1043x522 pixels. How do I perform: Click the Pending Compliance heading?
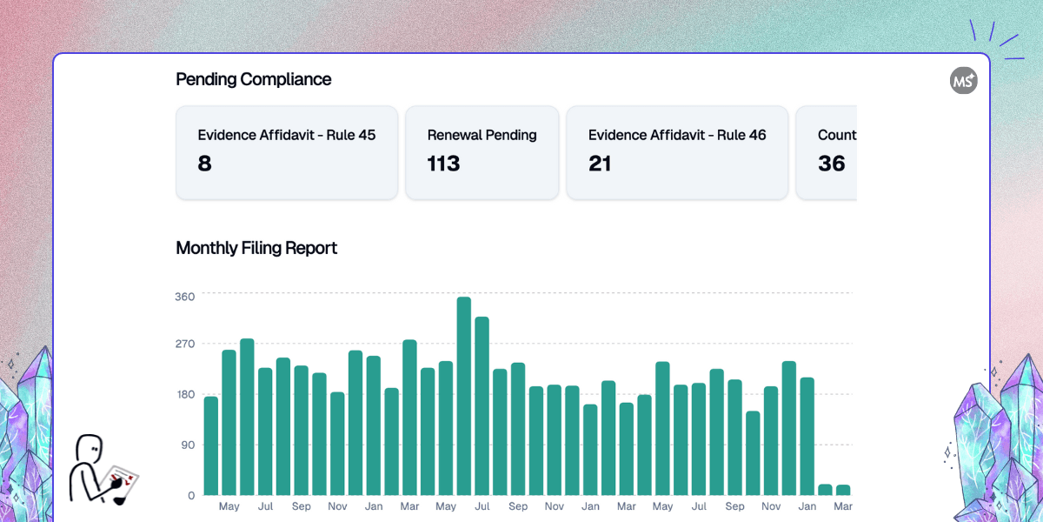253,79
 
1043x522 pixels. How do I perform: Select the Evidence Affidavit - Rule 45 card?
287,152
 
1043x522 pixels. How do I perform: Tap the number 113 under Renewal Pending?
443,164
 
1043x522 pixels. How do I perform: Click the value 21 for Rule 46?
600,164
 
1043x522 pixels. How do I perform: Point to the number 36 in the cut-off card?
832,164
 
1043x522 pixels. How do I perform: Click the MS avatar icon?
963,80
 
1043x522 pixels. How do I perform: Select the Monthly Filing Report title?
256,248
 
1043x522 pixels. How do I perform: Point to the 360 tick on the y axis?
184,296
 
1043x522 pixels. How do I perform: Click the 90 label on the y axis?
187,445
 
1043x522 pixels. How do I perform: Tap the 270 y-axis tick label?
184,344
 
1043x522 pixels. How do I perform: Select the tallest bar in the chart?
464,396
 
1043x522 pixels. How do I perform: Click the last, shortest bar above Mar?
843,490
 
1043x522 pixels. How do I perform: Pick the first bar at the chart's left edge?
211,445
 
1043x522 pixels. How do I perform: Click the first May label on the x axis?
229,506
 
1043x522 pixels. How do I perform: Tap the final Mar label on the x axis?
843,506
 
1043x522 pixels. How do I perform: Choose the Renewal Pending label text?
482,135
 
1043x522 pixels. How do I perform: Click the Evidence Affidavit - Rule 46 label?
677,135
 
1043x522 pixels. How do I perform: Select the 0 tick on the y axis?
191,495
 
